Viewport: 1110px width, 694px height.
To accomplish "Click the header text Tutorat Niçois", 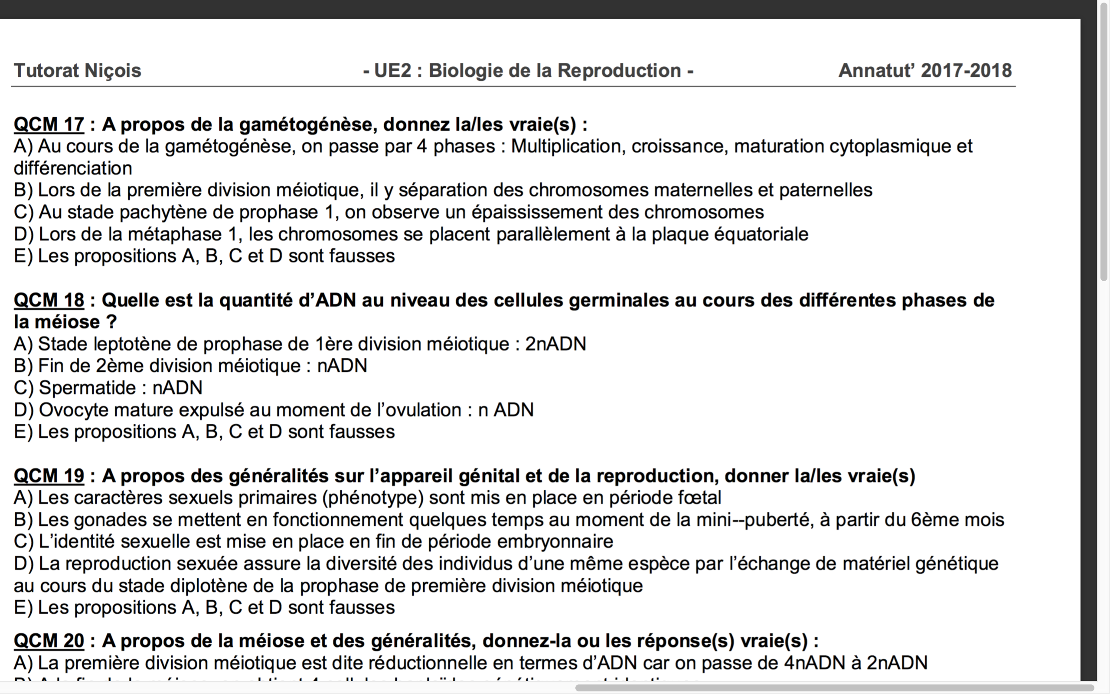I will click(78, 71).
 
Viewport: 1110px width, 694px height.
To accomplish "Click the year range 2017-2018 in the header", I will click(966, 71).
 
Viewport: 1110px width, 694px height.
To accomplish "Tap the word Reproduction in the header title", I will click(619, 71).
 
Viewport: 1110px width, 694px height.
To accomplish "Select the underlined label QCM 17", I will click(49, 124).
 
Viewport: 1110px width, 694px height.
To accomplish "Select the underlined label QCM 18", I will click(49, 300).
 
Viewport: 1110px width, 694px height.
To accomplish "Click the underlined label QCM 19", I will click(49, 476).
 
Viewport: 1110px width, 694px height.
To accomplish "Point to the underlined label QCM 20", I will click(49, 641).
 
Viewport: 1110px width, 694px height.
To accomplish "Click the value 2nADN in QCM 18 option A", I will click(555, 344).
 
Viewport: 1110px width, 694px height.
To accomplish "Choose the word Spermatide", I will click(87, 388).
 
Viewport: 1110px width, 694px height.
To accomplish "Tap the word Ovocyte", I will click(73, 410).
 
